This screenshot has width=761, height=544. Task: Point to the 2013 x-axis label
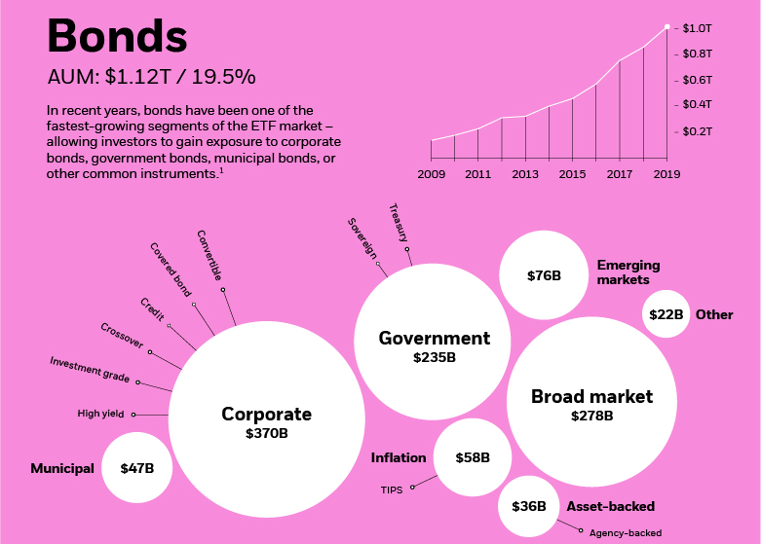point(525,174)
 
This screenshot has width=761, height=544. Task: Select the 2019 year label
point(666,174)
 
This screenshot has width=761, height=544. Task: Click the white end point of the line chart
point(666,27)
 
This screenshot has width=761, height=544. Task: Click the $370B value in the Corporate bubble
point(266,434)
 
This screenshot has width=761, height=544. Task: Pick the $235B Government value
point(434,357)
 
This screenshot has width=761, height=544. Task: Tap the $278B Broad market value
point(591,416)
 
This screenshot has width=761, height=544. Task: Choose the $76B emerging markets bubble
point(544,275)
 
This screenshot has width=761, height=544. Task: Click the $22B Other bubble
point(666,314)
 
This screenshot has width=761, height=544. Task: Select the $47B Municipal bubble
point(136,468)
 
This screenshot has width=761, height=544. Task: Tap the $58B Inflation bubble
point(472,457)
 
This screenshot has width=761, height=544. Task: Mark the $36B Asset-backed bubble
point(528,506)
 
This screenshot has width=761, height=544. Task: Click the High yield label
point(100,414)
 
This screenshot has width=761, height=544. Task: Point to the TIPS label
point(391,490)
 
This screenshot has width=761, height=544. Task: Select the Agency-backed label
point(626,532)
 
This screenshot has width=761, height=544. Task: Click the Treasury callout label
point(398,222)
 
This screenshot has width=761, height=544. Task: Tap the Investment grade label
point(90,370)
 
